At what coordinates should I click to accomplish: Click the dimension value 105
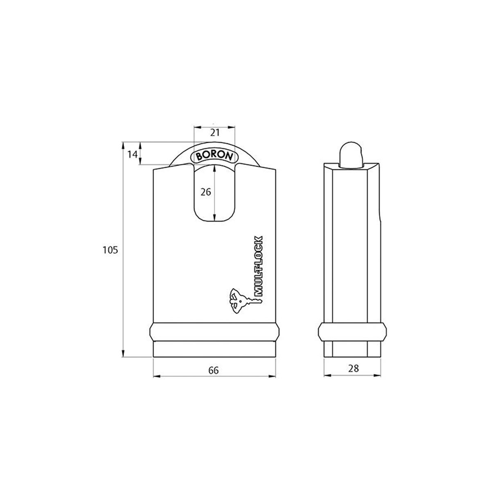tap(110, 250)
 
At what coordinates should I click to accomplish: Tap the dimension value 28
tap(354, 368)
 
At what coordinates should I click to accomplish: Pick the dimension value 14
tap(132, 154)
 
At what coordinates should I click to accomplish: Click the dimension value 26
tap(206, 191)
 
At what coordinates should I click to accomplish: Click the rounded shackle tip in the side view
tap(350, 153)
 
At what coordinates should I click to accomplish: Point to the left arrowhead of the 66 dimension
tap(156, 376)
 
